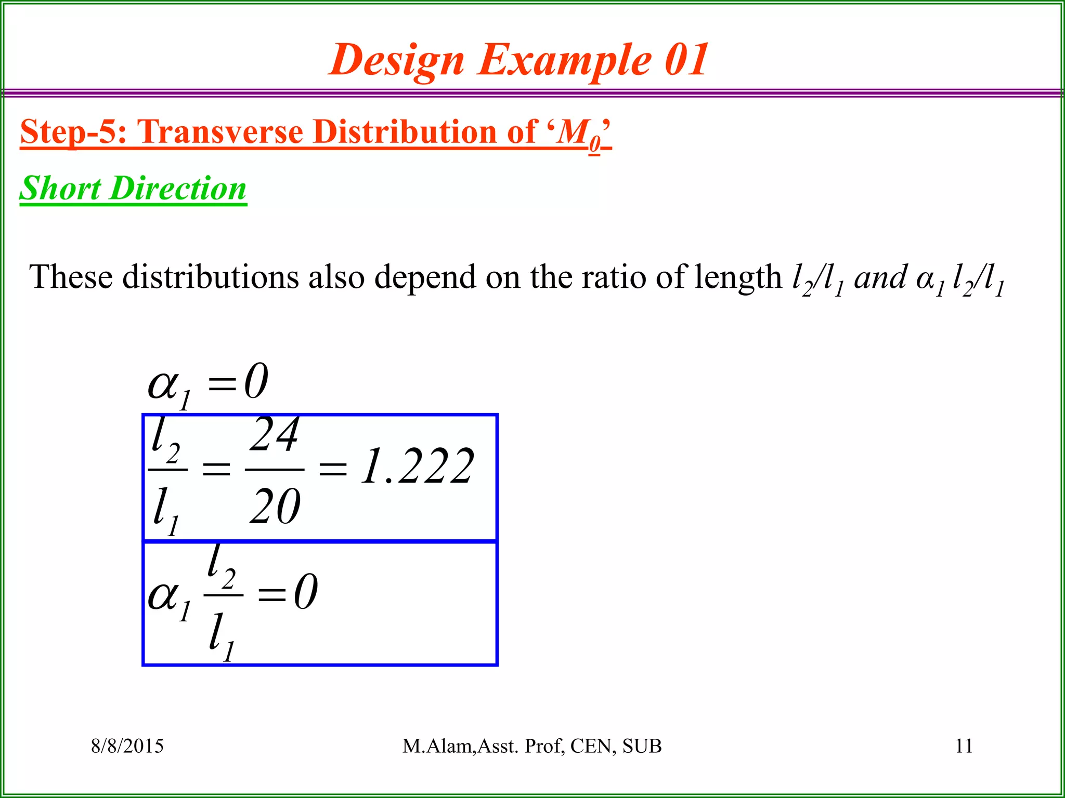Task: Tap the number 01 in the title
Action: click(x=686, y=59)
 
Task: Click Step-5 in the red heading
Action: click(x=73, y=132)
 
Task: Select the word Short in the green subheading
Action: click(x=60, y=188)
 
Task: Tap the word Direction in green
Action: click(x=178, y=188)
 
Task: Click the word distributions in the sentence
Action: click(x=210, y=276)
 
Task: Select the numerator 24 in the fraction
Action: click(x=274, y=435)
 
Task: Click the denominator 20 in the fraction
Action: click(x=275, y=507)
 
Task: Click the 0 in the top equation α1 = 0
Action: click(x=256, y=382)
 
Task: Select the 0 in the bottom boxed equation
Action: click(x=306, y=593)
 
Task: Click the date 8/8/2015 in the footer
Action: click(x=127, y=746)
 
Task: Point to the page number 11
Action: click(x=964, y=746)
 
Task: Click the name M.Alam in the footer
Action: click(x=436, y=746)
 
